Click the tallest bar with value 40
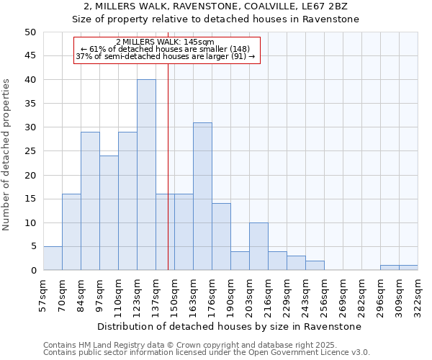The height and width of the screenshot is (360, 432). (x=146, y=175)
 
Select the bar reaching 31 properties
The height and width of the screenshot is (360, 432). (x=202, y=197)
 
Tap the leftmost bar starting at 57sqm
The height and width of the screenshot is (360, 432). (x=53, y=258)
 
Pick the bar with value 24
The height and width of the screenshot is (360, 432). (x=109, y=213)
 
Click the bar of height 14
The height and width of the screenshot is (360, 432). (x=221, y=237)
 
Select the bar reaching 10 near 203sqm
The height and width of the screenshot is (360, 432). (x=258, y=246)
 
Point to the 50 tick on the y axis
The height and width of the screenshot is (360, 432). (x=30, y=32)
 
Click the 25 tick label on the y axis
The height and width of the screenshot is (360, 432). (x=30, y=151)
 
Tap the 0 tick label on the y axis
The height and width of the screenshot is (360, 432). (x=33, y=271)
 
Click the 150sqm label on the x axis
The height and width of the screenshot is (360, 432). (x=174, y=295)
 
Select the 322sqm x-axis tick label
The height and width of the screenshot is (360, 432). (x=418, y=295)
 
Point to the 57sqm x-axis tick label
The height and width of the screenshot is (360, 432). (x=43, y=295)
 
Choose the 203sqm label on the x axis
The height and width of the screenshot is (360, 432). (x=249, y=295)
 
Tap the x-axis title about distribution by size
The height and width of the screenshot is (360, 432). (x=230, y=326)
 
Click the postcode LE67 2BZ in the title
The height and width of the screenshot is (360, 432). (x=325, y=6)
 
